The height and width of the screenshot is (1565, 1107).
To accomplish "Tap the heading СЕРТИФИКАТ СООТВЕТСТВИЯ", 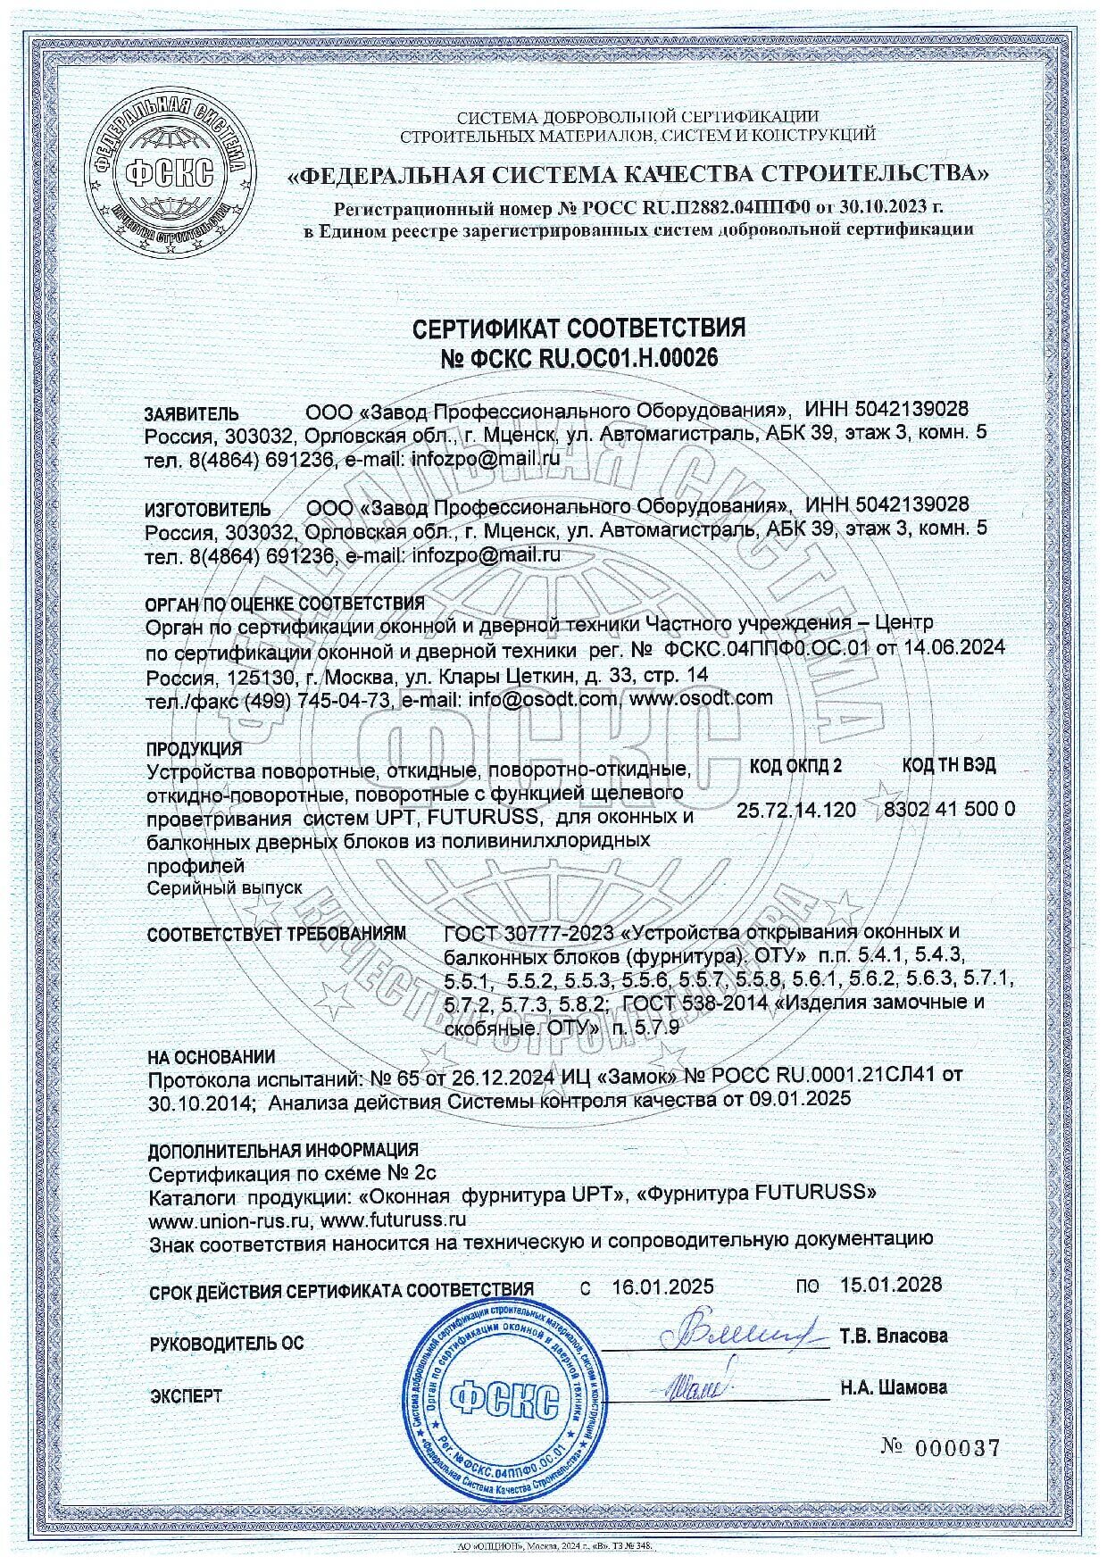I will [578, 328].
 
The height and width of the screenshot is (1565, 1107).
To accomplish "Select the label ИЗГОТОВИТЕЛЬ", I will [207, 510].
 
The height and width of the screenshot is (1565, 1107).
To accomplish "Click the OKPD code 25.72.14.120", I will [796, 810].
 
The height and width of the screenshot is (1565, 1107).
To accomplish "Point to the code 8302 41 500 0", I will [948, 810].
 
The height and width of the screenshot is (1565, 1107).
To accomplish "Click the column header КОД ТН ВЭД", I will [949, 765].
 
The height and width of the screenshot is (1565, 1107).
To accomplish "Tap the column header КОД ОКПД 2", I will [795, 765].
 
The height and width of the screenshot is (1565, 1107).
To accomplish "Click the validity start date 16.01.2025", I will [662, 1286].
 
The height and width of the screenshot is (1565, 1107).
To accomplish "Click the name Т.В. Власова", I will [893, 1336].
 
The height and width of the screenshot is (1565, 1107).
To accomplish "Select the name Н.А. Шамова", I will [893, 1388].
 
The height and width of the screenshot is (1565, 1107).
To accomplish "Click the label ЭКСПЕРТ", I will [186, 1395].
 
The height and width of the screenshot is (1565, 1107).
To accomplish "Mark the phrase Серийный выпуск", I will [225, 888].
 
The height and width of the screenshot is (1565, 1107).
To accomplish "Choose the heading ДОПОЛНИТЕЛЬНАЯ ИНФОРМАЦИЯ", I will [283, 1150].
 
